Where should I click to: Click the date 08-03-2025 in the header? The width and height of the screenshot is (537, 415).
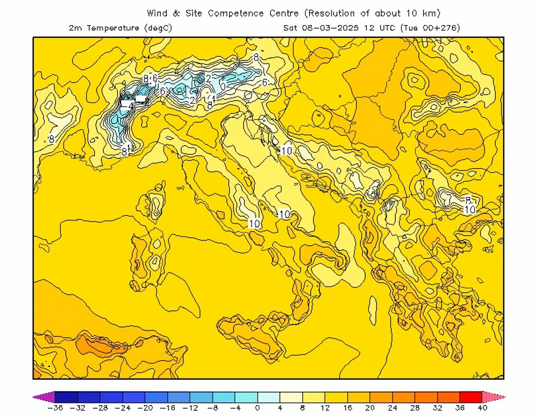tap(328, 27)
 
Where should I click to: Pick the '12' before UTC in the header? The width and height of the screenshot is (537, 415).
tap(368, 27)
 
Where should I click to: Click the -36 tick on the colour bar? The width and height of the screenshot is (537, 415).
tap(55, 408)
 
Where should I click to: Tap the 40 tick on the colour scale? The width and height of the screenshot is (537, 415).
tap(482, 408)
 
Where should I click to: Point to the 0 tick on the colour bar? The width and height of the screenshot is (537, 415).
tap(258, 408)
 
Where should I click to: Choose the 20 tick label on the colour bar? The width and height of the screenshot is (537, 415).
tap(370, 408)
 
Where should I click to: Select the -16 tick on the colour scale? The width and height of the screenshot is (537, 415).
tap(167, 408)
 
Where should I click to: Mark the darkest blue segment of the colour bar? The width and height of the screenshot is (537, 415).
tap(66, 397)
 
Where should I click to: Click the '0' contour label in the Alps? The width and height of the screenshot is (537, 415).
tap(223, 86)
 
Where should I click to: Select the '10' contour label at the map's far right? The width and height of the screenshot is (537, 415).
tap(469, 210)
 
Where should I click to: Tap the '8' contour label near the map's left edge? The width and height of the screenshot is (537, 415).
tap(51, 139)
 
